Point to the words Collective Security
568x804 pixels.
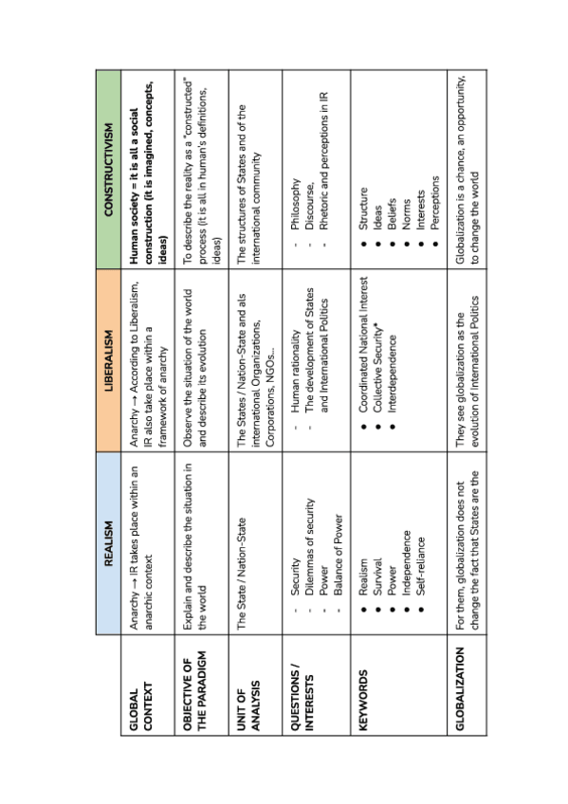pos(376,367)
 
